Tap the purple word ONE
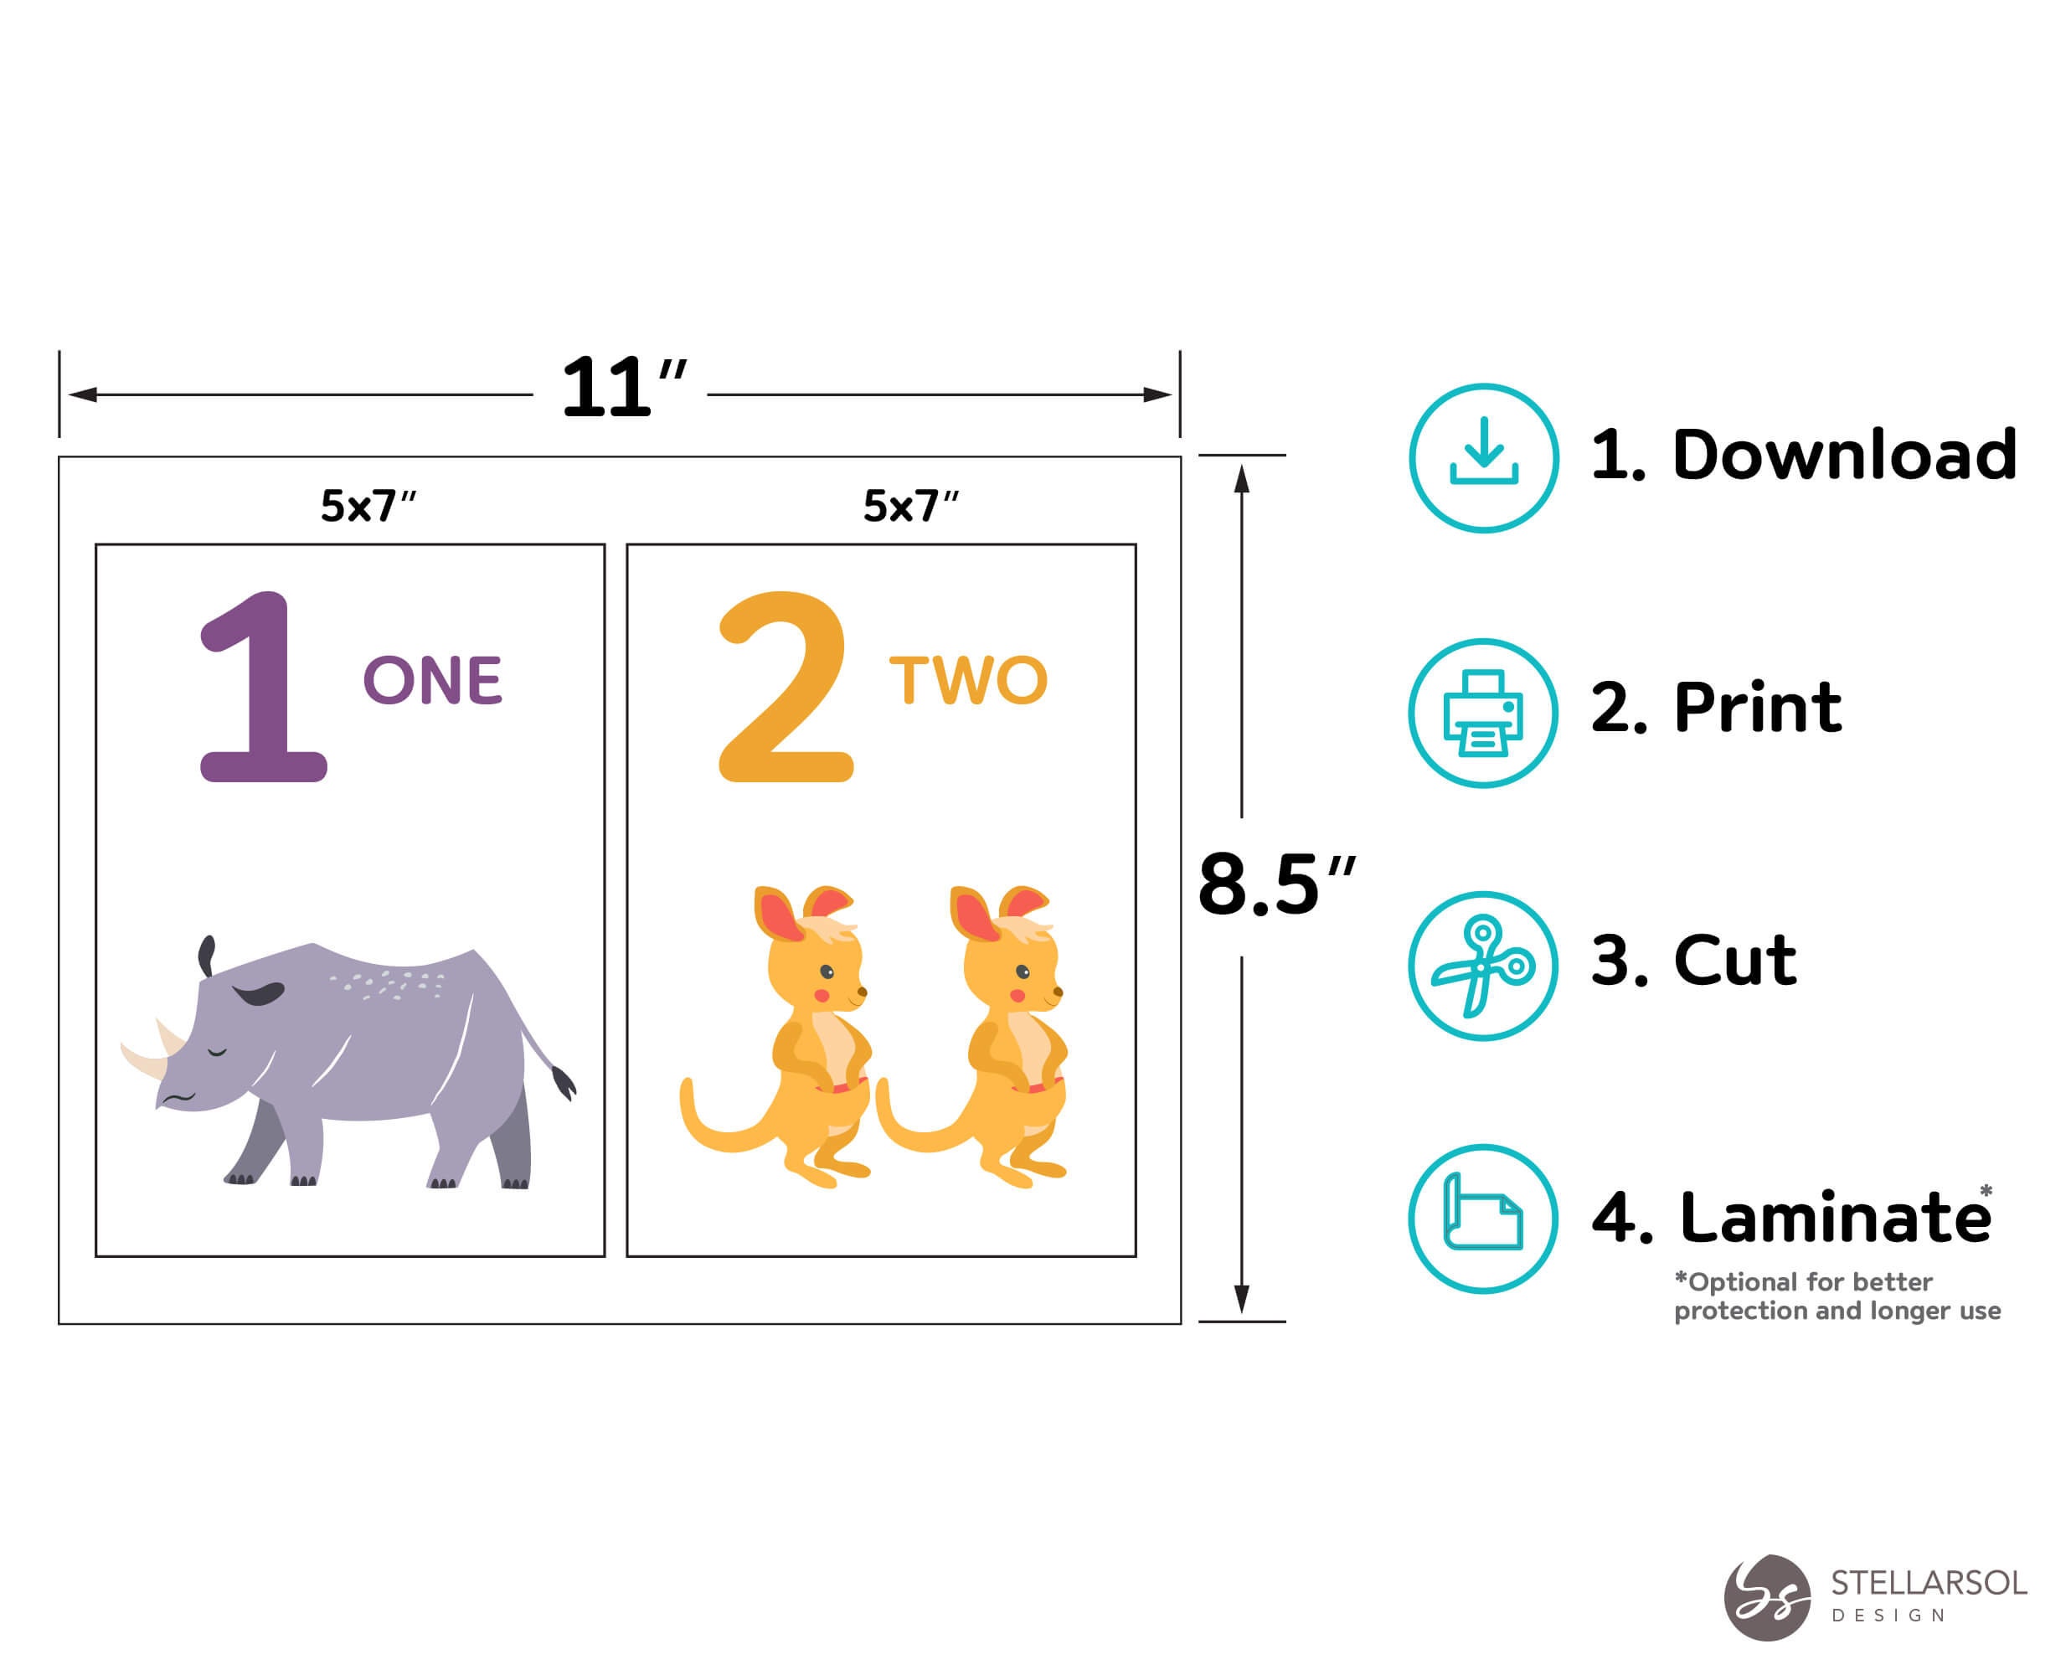coord(432,680)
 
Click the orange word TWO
coord(967,680)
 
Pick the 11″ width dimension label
coord(622,389)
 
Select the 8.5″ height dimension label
coord(1275,884)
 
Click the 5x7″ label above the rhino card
coord(368,506)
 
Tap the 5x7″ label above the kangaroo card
coord(909,506)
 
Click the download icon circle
coord(1482,458)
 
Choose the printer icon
coord(1482,713)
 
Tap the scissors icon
coord(1482,966)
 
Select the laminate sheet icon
coord(1482,1219)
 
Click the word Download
coord(1843,456)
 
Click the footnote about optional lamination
coord(1837,1296)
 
